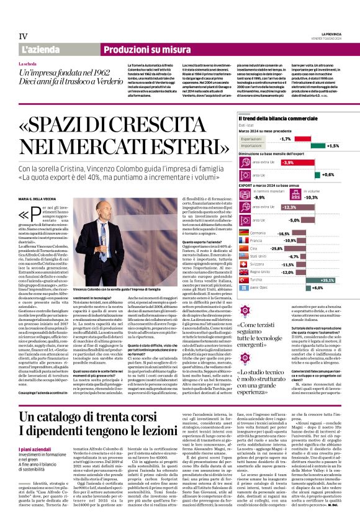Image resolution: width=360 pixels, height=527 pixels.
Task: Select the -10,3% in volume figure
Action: (328, 197)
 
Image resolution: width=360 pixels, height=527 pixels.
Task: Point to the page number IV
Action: (24, 36)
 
